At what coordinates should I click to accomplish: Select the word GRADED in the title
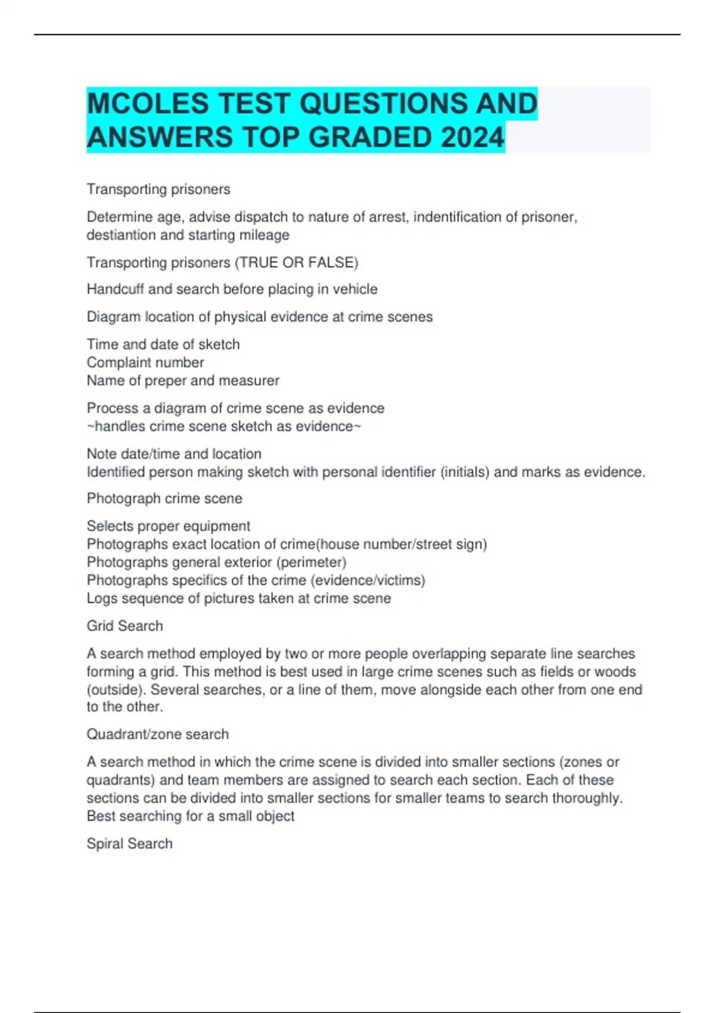click(x=372, y=138)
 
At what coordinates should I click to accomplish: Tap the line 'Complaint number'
click(x=145, y=362)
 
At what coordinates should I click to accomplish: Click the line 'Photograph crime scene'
click(x=164, y=498)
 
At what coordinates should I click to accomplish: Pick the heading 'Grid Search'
click(x=125, y=626)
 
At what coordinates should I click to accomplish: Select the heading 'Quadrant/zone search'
click(x=157, y=734)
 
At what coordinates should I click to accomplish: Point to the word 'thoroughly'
click(x=586, y=798)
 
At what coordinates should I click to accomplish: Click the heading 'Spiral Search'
click(x=129, y=844)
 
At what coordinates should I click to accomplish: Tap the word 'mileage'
click(x=264, y=235)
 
